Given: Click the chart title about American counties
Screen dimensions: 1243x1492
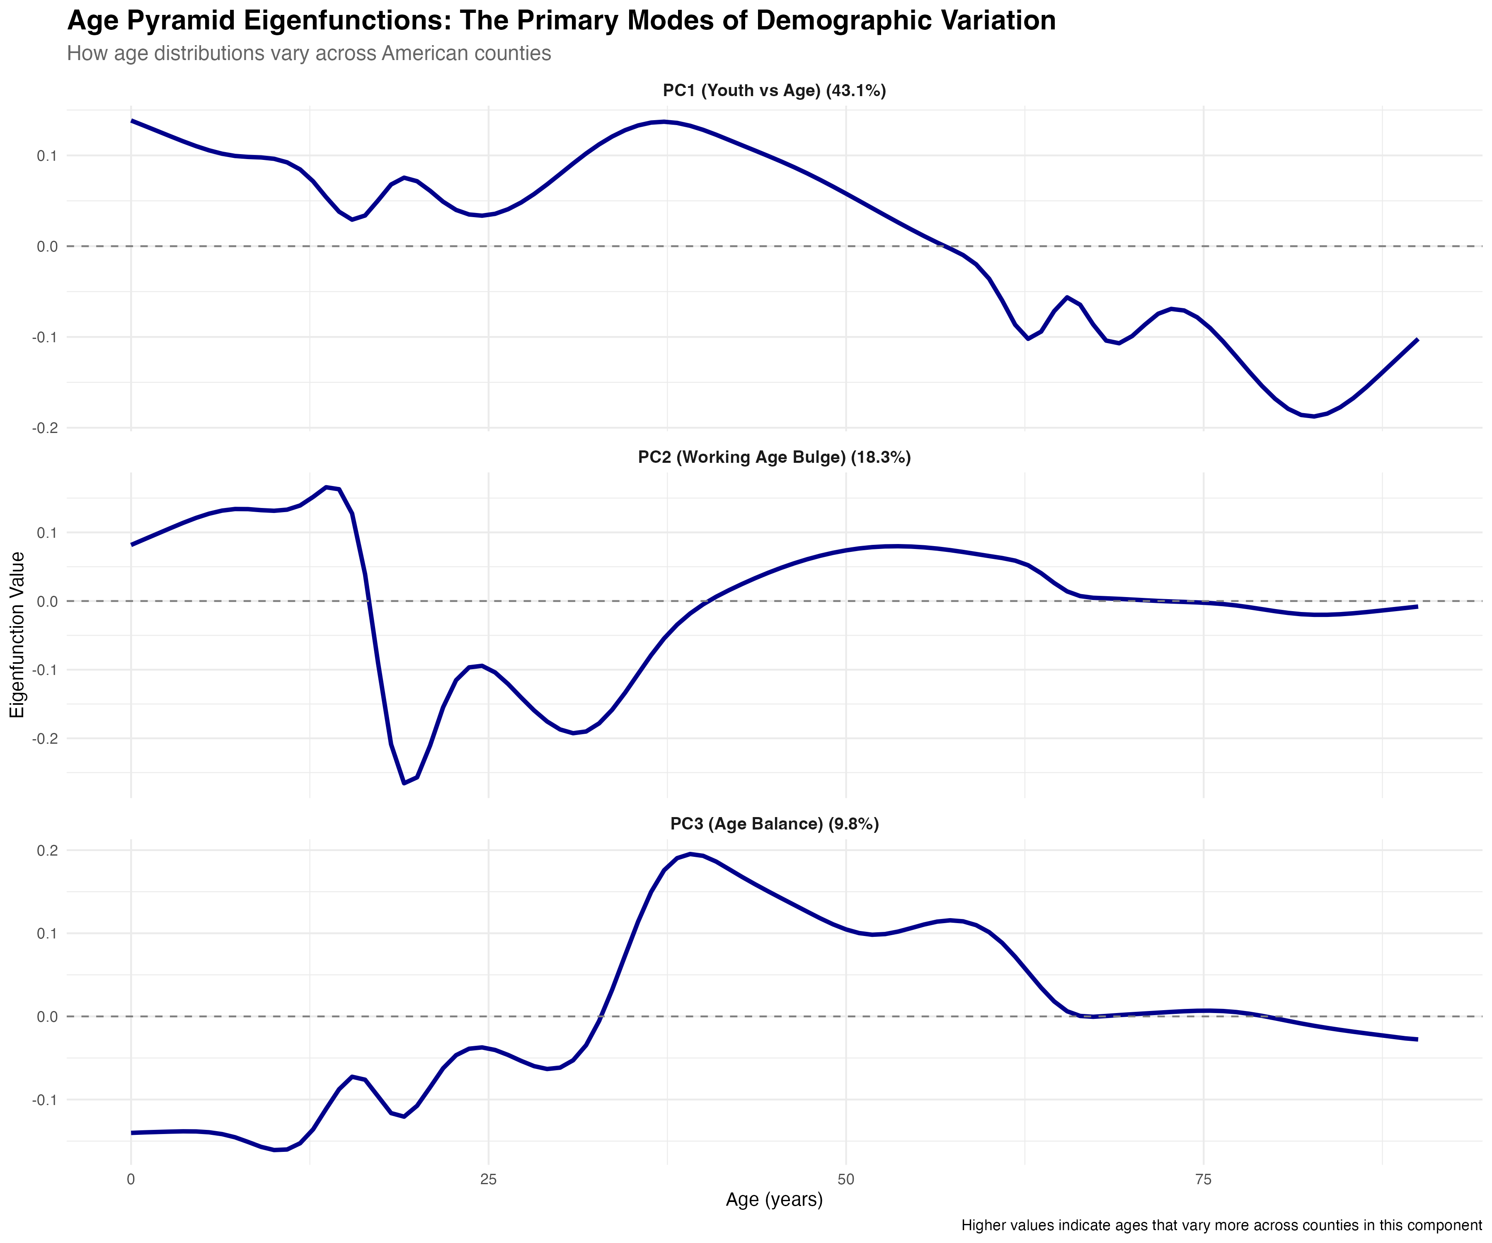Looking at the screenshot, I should [308, 53].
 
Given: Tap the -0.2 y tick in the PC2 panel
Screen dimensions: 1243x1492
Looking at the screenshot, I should [44, 739].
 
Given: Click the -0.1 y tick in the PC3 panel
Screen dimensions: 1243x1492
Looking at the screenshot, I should [44, 1100].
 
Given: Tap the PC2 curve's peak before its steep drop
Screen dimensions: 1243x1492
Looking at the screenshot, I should [327, 487].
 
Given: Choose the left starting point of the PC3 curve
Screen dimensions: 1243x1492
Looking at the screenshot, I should [132, 1132].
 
